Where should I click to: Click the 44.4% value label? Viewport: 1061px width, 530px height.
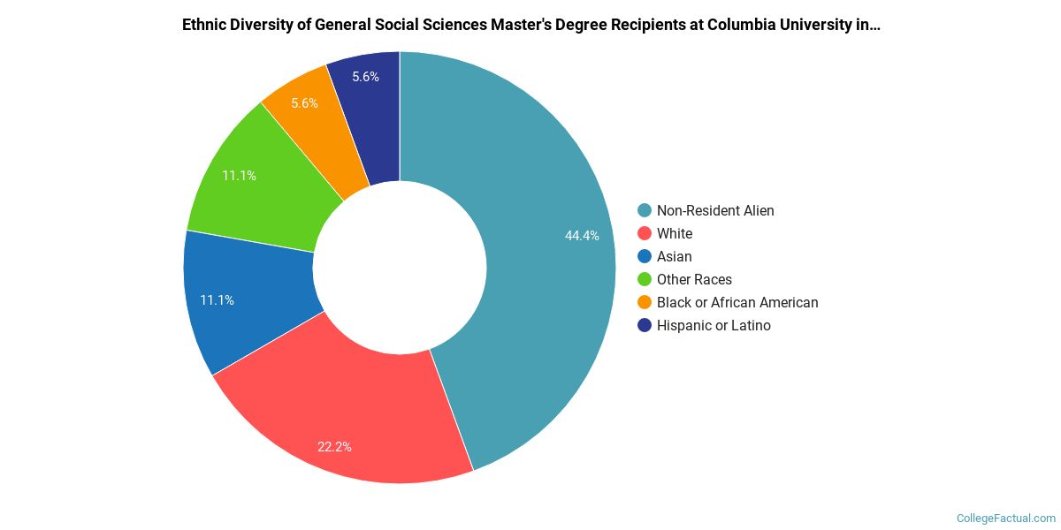pyautogui.click(x=582, y=236)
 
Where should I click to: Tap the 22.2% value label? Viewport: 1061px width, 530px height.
pyautogui.click(x=334, y=447)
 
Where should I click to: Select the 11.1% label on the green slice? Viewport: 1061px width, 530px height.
pyautogui.click(x=239, y=176)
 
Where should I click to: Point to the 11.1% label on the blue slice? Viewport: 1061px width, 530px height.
pyautogui.click(x=217, y=300)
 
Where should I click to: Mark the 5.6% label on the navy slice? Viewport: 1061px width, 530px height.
pyautogui.click(x=365, y=77)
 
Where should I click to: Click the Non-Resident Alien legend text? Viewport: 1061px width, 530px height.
pyautogui.click(x=715, y=210)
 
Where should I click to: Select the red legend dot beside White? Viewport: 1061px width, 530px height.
pyautogui.click(x=645, y=233)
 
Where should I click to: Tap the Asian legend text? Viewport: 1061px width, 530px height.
pyautogui.click(x=675, y=256)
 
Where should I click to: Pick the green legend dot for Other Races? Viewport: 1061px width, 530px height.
pyautogui.click(x=645, y=279)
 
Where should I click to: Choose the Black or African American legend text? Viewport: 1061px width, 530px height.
pyautogui.click(x=737, y=302)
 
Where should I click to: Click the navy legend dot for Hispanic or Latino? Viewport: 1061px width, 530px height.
pyautogui.click(x=645, y=325)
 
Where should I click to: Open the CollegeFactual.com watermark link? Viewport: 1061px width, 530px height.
pyautogui.click(x=1006, y=518)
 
